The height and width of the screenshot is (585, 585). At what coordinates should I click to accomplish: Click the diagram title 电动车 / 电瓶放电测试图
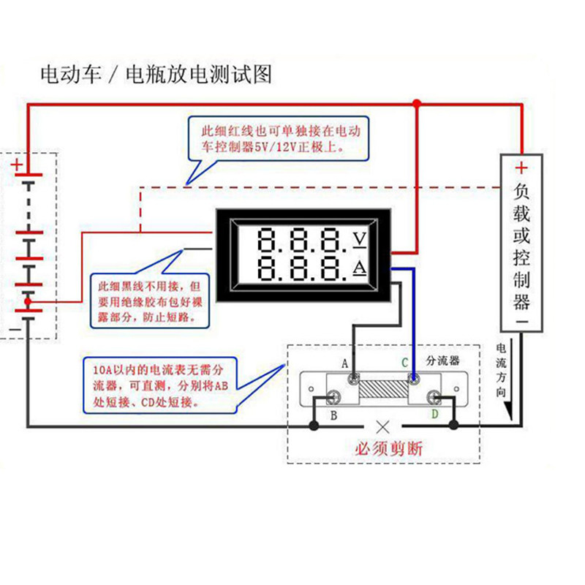tap(156, 75)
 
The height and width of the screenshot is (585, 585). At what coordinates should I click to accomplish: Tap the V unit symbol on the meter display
tap(360, 240)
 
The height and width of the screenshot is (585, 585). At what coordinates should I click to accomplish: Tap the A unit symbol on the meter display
tap(360, 268)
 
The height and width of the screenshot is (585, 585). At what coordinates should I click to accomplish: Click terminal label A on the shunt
tap(344, 363)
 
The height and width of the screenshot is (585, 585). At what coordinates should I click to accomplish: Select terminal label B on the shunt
tap(334, 415)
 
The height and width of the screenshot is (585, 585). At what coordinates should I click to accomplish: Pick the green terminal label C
tap(405, 363)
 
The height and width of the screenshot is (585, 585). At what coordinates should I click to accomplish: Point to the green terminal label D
tap(435, 414)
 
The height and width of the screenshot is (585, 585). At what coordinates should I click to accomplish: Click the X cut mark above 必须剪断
tap(382, 427)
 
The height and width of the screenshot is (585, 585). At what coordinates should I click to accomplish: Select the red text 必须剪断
tap(389, 448)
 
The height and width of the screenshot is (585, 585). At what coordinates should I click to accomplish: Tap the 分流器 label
tap(443, 361)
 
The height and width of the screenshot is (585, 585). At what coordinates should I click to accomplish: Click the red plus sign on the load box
tap(521, 168)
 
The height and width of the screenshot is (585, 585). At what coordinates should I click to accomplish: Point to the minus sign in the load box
tap(522, 321)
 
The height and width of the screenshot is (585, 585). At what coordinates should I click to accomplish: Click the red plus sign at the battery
tap(16, 165)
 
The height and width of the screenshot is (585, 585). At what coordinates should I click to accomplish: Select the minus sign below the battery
tap(15, 330)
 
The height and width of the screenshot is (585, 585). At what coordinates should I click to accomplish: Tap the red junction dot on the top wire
tap(417, 103)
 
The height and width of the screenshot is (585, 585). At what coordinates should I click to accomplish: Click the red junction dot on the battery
tap(28, 301)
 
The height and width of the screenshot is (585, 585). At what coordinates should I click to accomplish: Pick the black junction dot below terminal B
tap(314, 426)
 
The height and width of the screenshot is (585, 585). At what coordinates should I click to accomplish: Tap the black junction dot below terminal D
tap(453, 425)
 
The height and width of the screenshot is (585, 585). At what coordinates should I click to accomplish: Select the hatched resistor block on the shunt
tap(383, 389)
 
